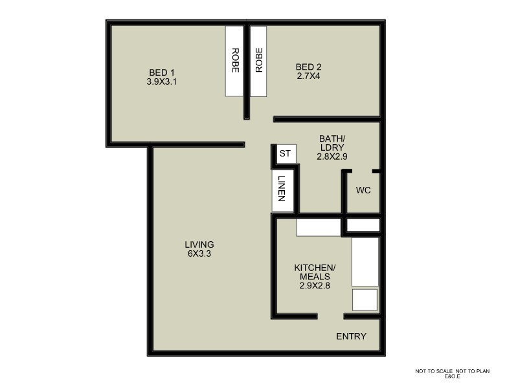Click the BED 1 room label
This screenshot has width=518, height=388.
coord(162,72)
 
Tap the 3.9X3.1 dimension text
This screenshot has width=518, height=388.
coord(161,82)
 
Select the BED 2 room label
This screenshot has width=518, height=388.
coord(309,67)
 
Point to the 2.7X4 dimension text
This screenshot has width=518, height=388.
coord(308,76)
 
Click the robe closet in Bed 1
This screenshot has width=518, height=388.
coord(234,61)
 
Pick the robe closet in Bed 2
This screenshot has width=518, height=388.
coord(258,61)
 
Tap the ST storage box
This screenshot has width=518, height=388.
coord(286,154)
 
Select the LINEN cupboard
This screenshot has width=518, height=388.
coord(282,190)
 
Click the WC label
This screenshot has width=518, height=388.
coord(363,190)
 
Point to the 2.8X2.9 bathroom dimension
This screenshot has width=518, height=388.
coord(332,156)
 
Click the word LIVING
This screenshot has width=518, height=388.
coord(199,244)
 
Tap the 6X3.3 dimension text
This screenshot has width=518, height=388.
coord(199,253)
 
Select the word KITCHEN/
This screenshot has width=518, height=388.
coord(315,267)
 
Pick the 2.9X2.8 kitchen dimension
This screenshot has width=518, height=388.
coord(315,286)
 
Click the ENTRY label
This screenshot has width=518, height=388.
coord(351,336)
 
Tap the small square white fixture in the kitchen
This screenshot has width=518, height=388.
coord(365,300)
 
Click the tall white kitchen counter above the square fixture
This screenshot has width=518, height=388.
coord(365,262)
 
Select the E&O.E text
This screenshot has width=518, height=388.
coord(452,376)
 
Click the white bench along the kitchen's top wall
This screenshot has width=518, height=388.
coord(319,228)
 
